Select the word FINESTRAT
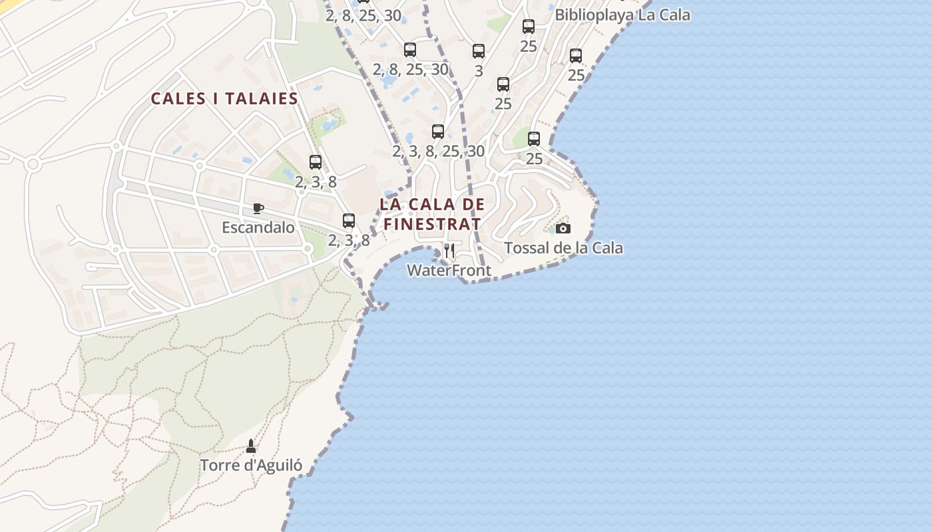click(x=431, y=224)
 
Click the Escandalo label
click(x=258, y=227)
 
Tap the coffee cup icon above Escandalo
click(x=258, y=209)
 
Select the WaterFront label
click(x=449, y=271)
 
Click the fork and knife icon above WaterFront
click(x=449, y=251)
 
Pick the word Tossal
click(x=525, y=248)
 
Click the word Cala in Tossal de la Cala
click(x=608, y=248)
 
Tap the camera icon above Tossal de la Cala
click(x=563, y=229)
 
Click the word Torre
click(x=220, y=465)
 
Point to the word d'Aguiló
click(x=272, y=465)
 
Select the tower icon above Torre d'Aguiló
click(x=251, y=446)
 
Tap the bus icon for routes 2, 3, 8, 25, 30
click(x=438, y=132)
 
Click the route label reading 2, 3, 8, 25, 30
click(x=438, y=152)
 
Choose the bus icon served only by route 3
click(x=479, y=51)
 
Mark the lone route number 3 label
click(x=479, y=71)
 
